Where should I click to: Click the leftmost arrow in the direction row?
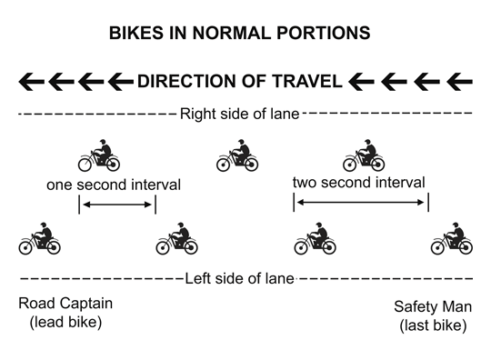[32, 82]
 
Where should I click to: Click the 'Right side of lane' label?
[238, 115]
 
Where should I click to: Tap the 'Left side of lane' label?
[239, 279]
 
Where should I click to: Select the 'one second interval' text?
[114, 185]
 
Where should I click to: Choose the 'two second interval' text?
[359, 183]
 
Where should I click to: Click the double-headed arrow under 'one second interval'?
[117, 205]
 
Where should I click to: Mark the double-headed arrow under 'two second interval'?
[360, 204]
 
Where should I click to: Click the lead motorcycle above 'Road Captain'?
[40, 239]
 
